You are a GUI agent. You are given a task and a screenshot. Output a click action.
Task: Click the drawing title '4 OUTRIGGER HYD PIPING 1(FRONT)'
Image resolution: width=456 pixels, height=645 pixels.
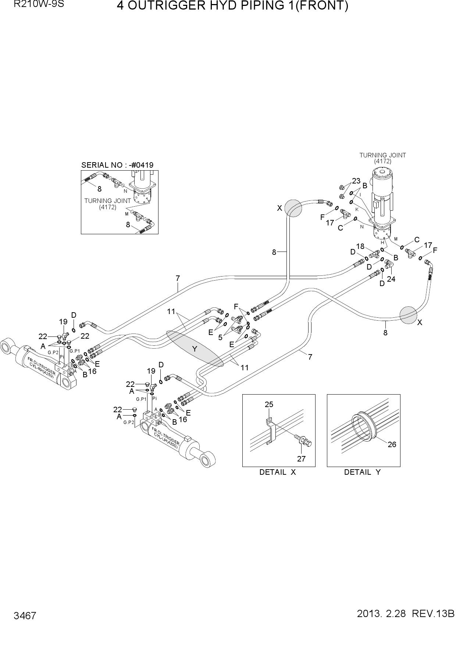pyautogui.click(x=232, y=6)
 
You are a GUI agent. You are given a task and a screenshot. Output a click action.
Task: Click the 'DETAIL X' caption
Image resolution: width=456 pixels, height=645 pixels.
pyautogui.click(x=278, y=472)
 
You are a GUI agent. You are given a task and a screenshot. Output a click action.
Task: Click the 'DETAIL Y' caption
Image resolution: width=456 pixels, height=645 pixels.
pyautogui.click(x=362, y=472)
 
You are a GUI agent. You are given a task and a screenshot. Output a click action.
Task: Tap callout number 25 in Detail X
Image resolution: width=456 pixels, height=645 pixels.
pyautogui.click(x=269, y=405)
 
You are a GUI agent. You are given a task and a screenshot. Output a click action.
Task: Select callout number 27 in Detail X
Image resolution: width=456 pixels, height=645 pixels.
pyautogui.click(x=301, y=459)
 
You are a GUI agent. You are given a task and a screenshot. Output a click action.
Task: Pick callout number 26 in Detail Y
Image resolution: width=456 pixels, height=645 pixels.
pyautogui.click(x=392, y=444)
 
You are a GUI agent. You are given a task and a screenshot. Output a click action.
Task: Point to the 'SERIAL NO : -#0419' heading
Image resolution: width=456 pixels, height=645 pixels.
pyautogui.click(x=117, y=165)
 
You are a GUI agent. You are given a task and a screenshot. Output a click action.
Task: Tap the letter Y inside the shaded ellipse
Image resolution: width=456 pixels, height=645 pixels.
pyautogui.click(x=195, y=349)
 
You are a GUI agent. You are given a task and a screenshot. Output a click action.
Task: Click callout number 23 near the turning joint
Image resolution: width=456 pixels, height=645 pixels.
pyautogui.click(x=356, y=181)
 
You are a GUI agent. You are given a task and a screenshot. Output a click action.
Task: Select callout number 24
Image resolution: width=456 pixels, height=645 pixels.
pyautogui.click(x=391, y=279)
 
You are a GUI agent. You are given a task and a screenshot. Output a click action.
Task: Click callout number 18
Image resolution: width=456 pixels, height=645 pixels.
pyautogui.click(x=360, y=246)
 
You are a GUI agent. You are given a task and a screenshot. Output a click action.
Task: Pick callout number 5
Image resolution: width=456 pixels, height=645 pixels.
pyautogui.click(x=220, y=337)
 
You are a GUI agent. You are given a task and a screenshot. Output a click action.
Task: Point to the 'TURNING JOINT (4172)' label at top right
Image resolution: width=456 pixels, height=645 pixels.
pyautogui.click(x=382, y=158)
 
